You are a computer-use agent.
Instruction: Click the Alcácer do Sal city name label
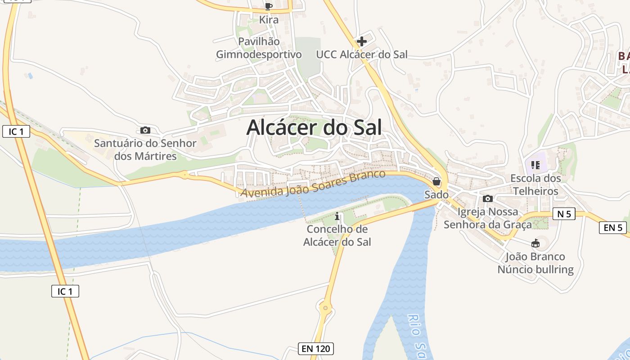[314, 127]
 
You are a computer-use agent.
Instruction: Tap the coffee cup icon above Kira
[269, 6]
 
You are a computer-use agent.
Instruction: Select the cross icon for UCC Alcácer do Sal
[361, 42]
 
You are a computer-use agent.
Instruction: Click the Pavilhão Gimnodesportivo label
[259, 48]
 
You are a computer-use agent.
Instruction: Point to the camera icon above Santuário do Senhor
[145, 130]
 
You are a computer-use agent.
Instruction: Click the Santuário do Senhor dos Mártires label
[145, 150]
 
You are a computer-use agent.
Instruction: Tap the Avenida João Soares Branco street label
[313, 184]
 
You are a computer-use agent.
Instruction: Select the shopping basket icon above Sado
[436, 182]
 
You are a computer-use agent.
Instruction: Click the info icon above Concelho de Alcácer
[337, 217]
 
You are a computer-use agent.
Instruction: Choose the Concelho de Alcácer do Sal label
[337, 235]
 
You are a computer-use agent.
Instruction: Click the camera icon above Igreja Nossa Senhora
[487, 198]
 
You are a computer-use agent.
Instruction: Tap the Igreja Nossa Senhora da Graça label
[488, 218]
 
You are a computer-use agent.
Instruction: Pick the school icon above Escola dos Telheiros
[535, 165]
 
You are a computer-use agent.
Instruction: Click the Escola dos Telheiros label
[535, 184]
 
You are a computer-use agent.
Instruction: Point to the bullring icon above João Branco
[535, 243]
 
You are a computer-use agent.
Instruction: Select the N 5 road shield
[564, 214]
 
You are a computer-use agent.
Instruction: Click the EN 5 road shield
[613, 228]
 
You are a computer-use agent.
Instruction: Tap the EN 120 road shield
[316, 348]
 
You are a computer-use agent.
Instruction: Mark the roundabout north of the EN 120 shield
[325, 308]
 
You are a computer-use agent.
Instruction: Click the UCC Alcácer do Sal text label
[361, 54]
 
